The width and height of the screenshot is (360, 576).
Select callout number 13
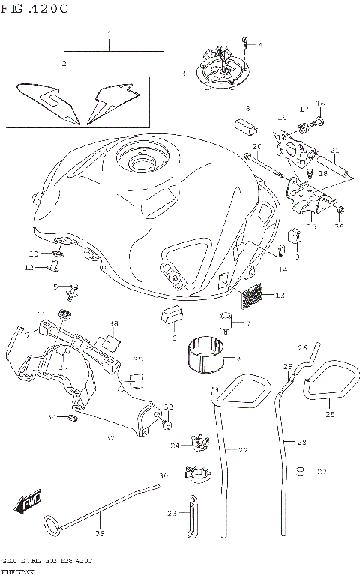pyautogui.click(x=279, y=295)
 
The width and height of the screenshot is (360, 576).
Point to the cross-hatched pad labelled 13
pyautogui.click(x=253, y=295)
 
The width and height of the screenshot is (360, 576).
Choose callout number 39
pyautogui.click(x=100, y=534)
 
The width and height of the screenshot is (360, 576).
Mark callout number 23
pyautogui.click(x=172, y=514)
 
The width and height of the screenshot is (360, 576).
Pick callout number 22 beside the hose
pyautogui.click(x=243, y=450)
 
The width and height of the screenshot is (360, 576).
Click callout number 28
pyautogui.click(x=301, y=442)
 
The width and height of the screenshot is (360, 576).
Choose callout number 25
pyautogui.click(x=330, y=413)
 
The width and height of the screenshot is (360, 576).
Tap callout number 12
pyautogui.click(x=28, y=267)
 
